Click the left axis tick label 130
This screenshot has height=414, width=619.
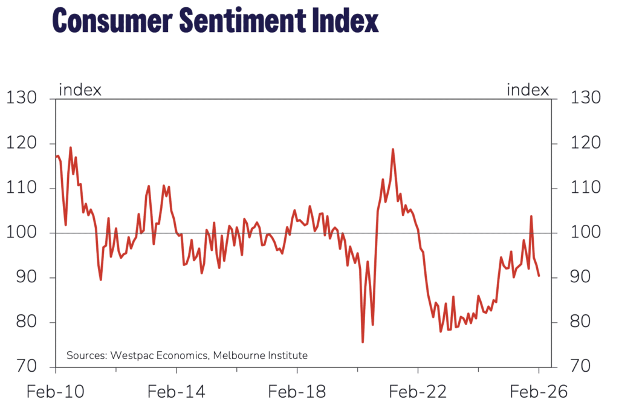coord(22,99)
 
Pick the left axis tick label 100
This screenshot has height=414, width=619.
coord(22,233)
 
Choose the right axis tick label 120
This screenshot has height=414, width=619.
coord(584,144)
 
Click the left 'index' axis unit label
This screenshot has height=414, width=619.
coord(80,90)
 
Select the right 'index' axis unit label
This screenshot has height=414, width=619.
coord(528,90)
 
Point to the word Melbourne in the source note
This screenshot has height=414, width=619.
coord(240,355)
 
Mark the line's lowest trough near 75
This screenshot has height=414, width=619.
coord(363,342)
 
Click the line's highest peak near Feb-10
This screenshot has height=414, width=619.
coord(70,147)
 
